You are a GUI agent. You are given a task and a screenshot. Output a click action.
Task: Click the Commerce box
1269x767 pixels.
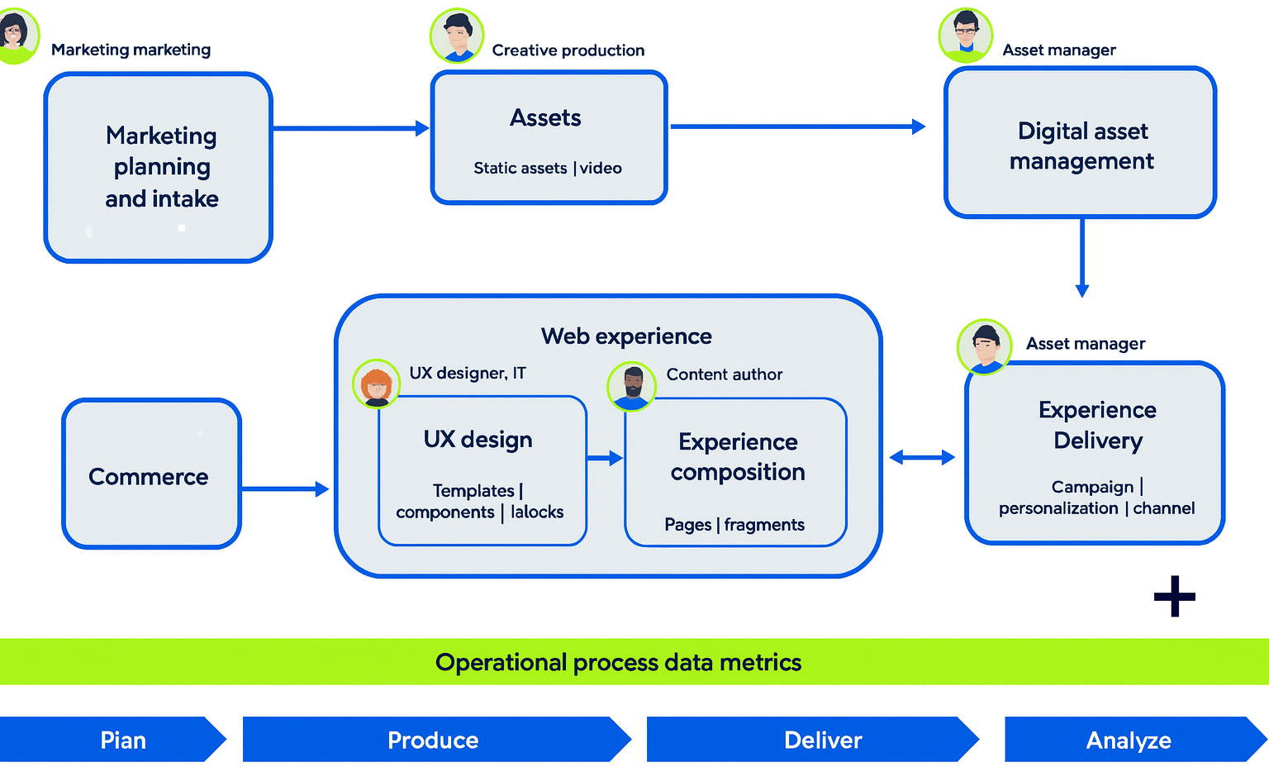click(151, 474)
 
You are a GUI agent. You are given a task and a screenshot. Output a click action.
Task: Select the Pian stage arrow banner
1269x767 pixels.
click(113, 740)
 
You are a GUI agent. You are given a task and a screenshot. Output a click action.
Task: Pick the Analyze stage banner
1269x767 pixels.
click(1133, 740)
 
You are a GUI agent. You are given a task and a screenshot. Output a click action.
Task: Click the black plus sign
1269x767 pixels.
click(1174, 597)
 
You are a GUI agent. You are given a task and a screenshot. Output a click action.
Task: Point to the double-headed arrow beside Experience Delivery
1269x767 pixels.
click(922, 457)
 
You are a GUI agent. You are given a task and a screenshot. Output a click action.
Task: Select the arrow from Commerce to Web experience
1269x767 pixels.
click(285, 489)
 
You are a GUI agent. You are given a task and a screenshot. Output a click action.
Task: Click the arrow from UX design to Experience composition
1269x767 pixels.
click(605, 458)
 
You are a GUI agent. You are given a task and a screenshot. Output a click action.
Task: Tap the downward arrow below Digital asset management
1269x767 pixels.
click(1081, 257)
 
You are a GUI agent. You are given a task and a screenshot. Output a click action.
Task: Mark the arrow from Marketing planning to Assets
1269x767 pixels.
click(350, 128)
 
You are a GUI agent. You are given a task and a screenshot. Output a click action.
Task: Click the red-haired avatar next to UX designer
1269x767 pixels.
click(377, 384)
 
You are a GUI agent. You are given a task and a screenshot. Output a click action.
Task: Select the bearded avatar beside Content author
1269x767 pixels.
click(632, 386)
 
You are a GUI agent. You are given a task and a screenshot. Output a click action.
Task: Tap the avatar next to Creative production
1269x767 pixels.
click(457, 36)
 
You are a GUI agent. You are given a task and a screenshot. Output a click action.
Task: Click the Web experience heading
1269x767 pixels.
click(626, 336)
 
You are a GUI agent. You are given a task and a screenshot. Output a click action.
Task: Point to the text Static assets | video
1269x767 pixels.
click(548, 169)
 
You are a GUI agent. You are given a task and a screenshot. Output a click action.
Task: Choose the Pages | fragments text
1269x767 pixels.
click(734, 525)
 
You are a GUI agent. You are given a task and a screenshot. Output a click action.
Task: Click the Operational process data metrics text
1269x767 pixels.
click(618, 662)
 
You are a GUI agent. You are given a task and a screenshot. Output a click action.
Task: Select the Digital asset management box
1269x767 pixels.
click(1081, 144)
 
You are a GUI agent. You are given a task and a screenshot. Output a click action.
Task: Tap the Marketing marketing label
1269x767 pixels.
click(131, 50)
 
